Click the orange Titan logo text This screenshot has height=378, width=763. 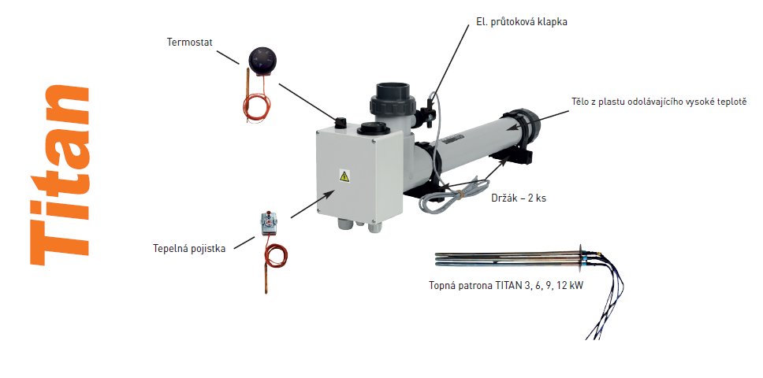coord(59,176)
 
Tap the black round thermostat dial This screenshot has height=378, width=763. coord(263,61)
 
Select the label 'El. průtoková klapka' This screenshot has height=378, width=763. coord(521,22)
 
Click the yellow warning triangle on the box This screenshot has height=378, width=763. coord(344,176)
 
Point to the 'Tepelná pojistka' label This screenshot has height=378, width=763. coord(189,249)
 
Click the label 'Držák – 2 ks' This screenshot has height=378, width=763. coord(519,198)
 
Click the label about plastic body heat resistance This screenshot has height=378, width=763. coord(659,102)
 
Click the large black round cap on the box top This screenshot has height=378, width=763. coord(372,129)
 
